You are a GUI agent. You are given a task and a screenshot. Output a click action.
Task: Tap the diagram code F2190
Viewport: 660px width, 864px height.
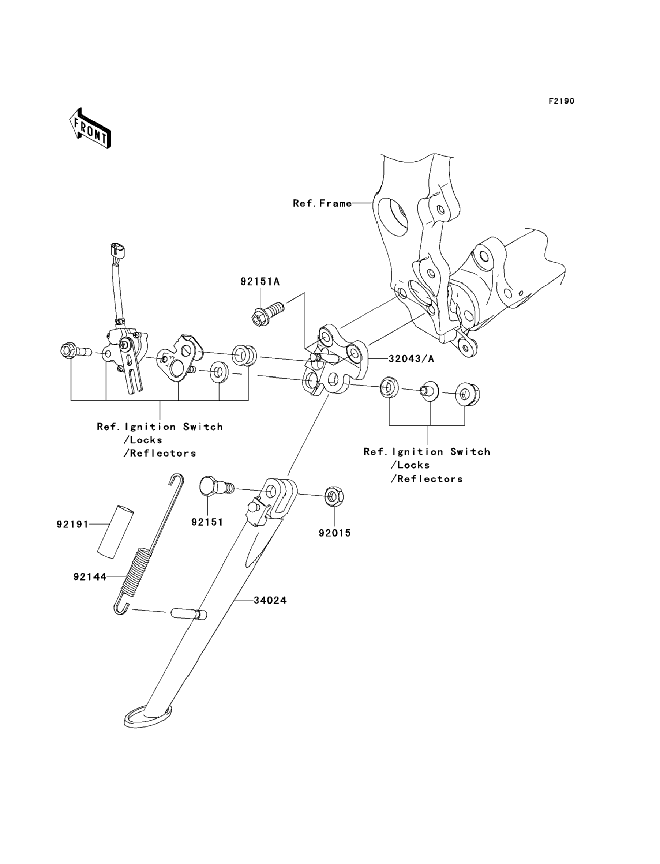(561, 101)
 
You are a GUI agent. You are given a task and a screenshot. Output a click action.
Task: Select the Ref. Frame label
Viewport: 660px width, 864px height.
(322, 203)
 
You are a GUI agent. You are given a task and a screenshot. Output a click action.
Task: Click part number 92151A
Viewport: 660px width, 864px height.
(260, 282)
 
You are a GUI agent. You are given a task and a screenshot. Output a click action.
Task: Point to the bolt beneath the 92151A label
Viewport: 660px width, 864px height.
(267, 311)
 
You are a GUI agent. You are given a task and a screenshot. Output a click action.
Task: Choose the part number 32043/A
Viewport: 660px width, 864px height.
(411, 358)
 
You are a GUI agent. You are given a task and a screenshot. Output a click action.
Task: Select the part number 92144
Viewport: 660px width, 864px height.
(90, 577)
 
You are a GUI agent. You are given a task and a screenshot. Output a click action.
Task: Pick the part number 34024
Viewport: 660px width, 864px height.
(270, 601)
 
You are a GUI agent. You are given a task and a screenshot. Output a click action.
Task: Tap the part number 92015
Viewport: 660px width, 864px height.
(335, 533)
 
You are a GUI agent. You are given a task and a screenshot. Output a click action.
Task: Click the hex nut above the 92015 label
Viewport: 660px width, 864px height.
(334, 496)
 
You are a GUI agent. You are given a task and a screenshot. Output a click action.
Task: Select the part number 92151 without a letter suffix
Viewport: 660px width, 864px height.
(207, 522)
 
